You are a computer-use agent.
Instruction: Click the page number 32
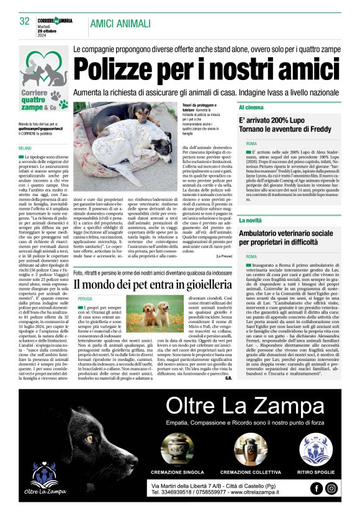pyautogui.click(x=25, y=21)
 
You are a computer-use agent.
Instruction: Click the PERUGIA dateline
pyautogui.click(x=85, y=298)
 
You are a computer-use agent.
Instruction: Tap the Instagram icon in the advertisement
pyautogui.click(x=332, y=488)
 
